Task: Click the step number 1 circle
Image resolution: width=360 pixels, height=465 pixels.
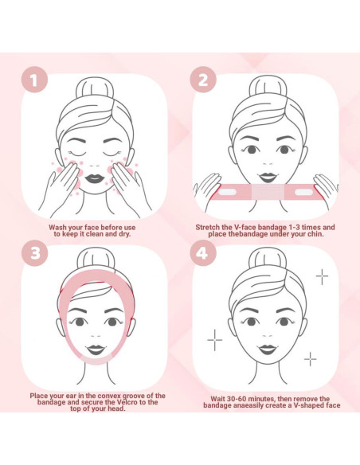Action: pyautogui.click(x=34, y=80)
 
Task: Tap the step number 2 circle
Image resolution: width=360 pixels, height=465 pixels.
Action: pyautogui.click(x=202, y=80)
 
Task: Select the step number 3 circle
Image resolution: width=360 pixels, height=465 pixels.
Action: pyautogui.click(x=34, y=254)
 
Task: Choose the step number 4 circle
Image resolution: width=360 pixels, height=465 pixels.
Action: pyautogui.click(x=202, y=254)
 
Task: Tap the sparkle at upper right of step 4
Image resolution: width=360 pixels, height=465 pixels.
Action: pyautogui.click(x=322, y=276)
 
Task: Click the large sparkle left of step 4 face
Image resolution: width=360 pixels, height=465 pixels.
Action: pyautogui.click(x=215, y=340)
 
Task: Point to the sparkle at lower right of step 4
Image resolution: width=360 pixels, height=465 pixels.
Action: pyautogui.click(x=310, y=360)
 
